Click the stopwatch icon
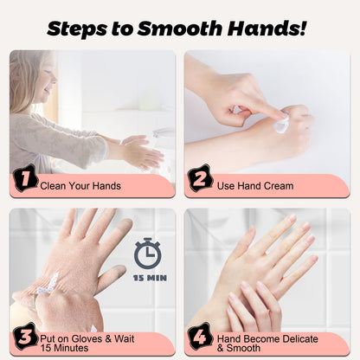(x=147, y=253)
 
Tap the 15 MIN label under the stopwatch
(x=147, y=280)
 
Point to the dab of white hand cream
(x=281, y=126)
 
